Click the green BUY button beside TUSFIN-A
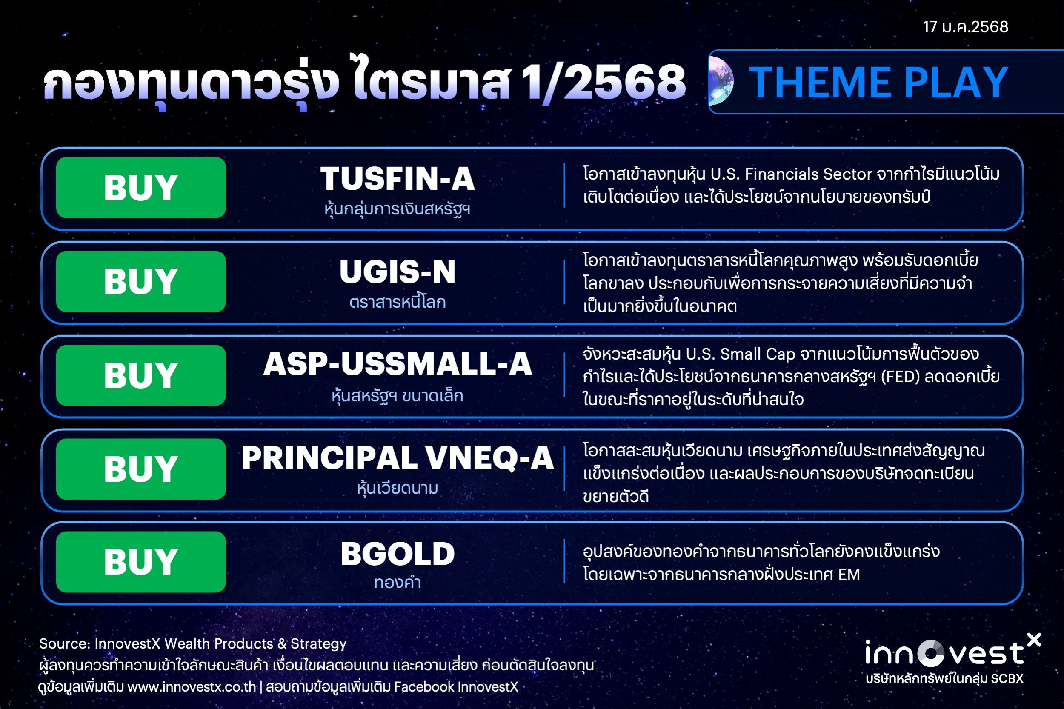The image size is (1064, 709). point(140,188)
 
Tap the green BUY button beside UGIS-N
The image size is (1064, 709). point(140,281)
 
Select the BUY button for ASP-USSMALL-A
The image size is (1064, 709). point(140,375)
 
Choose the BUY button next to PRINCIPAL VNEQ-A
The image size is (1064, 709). point(140,469)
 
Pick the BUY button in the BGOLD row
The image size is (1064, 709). point(140,562)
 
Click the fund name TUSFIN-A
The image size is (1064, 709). point(398,179)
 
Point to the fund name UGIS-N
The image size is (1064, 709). point(398,272)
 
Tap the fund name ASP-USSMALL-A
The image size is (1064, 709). point(398,364)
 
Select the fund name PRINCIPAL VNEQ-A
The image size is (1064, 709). point(398,458)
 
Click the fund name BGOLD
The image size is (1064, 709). point(398,554)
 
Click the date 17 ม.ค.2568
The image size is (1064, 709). point(965,27)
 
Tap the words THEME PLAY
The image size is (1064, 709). point(878,82)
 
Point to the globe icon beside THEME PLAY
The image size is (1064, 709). point(721,82)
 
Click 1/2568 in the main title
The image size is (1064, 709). point(603,82)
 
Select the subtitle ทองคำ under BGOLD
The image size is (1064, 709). point(398,582)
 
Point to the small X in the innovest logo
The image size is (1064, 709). point(1034,640)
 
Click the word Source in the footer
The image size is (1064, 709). point(64,643)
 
